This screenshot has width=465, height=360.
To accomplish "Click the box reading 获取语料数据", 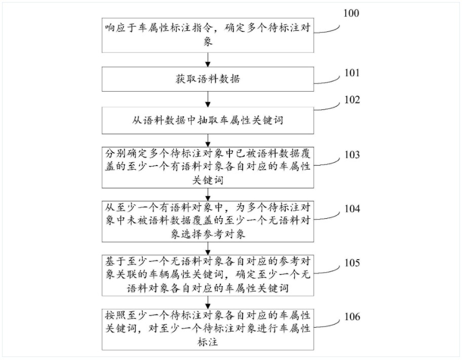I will (208, 79).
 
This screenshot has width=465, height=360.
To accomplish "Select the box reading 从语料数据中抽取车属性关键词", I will (208, 121).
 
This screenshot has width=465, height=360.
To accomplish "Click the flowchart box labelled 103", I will (208, 167).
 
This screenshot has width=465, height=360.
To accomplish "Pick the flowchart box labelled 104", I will (208, 221).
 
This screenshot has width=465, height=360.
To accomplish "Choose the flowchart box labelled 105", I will (208, 275).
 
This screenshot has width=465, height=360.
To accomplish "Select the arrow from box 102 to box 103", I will (208, 140).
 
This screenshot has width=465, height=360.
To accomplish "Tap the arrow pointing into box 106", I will (208, 303).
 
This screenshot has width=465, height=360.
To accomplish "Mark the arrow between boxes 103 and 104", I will (208, 194).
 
